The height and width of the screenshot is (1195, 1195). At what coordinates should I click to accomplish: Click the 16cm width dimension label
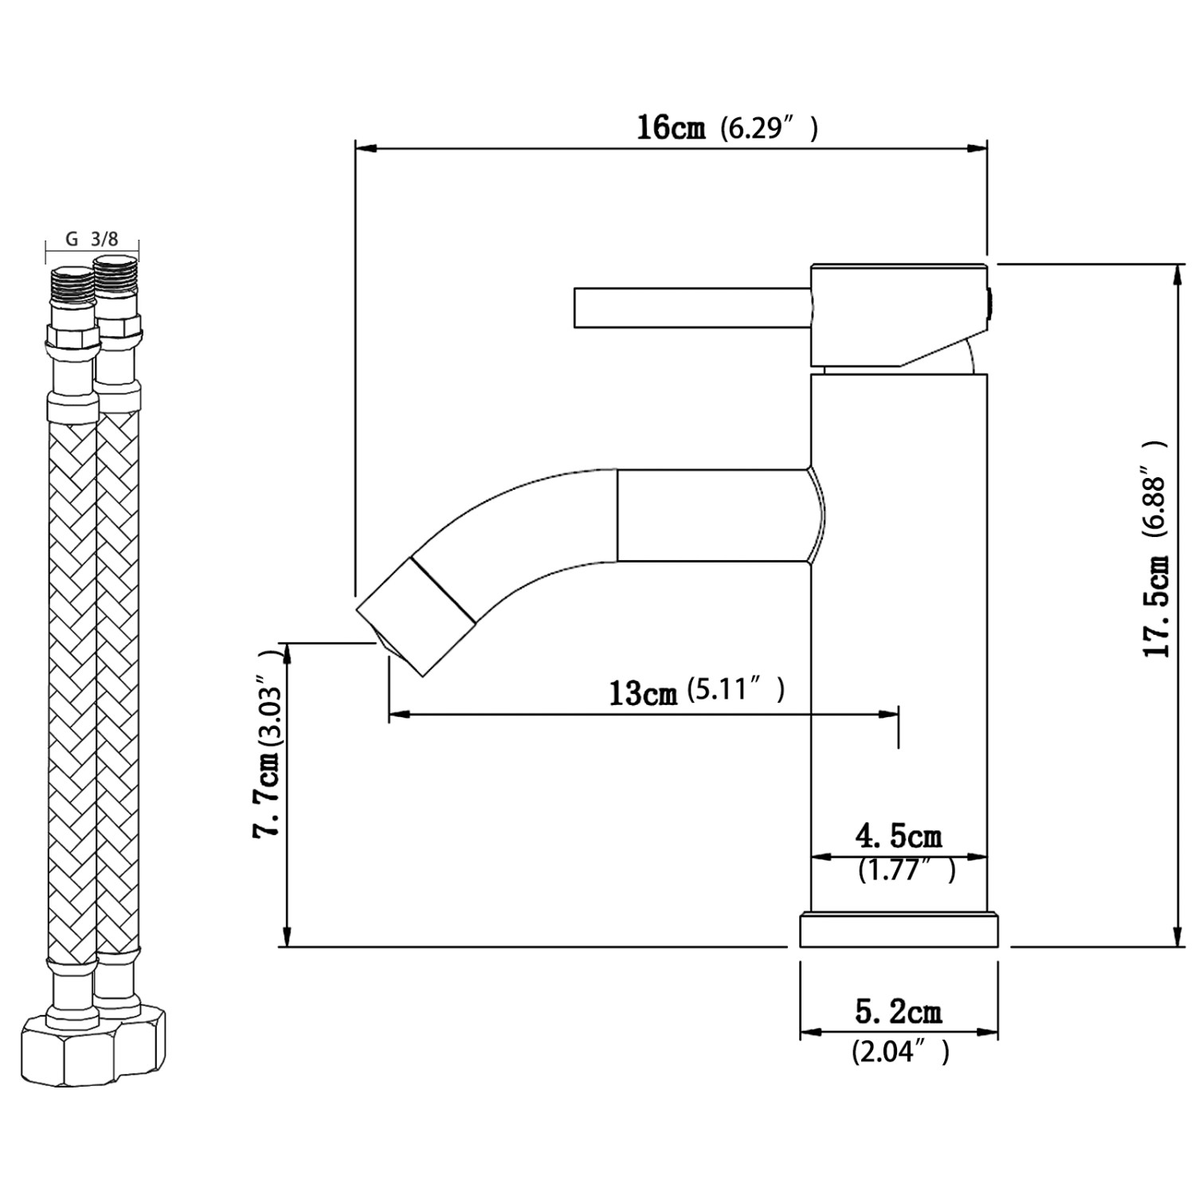670,127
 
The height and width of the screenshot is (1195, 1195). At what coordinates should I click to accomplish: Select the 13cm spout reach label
642,692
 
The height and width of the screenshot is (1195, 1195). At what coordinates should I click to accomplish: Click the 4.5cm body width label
898,836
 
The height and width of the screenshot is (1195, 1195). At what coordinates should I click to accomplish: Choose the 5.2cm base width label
898,1013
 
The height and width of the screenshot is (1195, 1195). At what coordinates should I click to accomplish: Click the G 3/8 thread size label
91,239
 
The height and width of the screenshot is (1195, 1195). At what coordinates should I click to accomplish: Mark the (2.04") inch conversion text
900,1053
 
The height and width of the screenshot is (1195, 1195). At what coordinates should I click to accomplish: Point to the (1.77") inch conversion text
906,871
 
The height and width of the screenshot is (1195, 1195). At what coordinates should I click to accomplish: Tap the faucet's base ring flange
899,931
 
